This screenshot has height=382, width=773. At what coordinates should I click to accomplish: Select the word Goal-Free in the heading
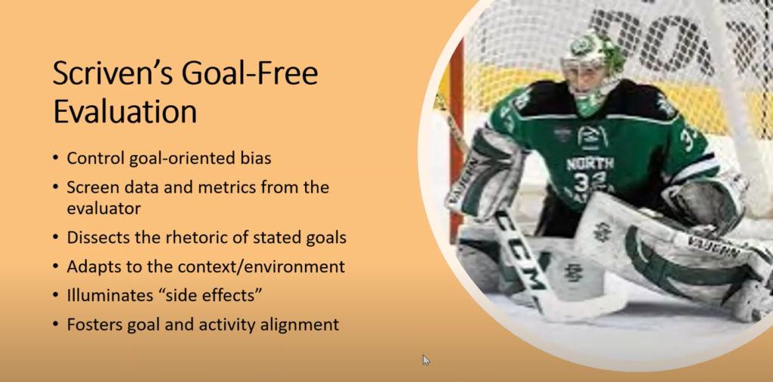tap(250, 74)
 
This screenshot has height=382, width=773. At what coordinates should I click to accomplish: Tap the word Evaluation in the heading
tap(125, 112)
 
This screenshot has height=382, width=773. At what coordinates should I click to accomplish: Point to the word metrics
tap(226, 187)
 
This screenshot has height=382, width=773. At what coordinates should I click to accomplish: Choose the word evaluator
tap(104, 208)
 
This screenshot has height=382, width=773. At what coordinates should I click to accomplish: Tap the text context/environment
tap(262, 266)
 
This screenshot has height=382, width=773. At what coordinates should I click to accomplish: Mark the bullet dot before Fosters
tap(56, 325)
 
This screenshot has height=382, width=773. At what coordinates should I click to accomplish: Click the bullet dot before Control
tap(56, 159)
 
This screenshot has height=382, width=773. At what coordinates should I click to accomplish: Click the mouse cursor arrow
tap(426, 360)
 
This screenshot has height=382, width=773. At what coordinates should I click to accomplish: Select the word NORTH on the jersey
tap(590, 163)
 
